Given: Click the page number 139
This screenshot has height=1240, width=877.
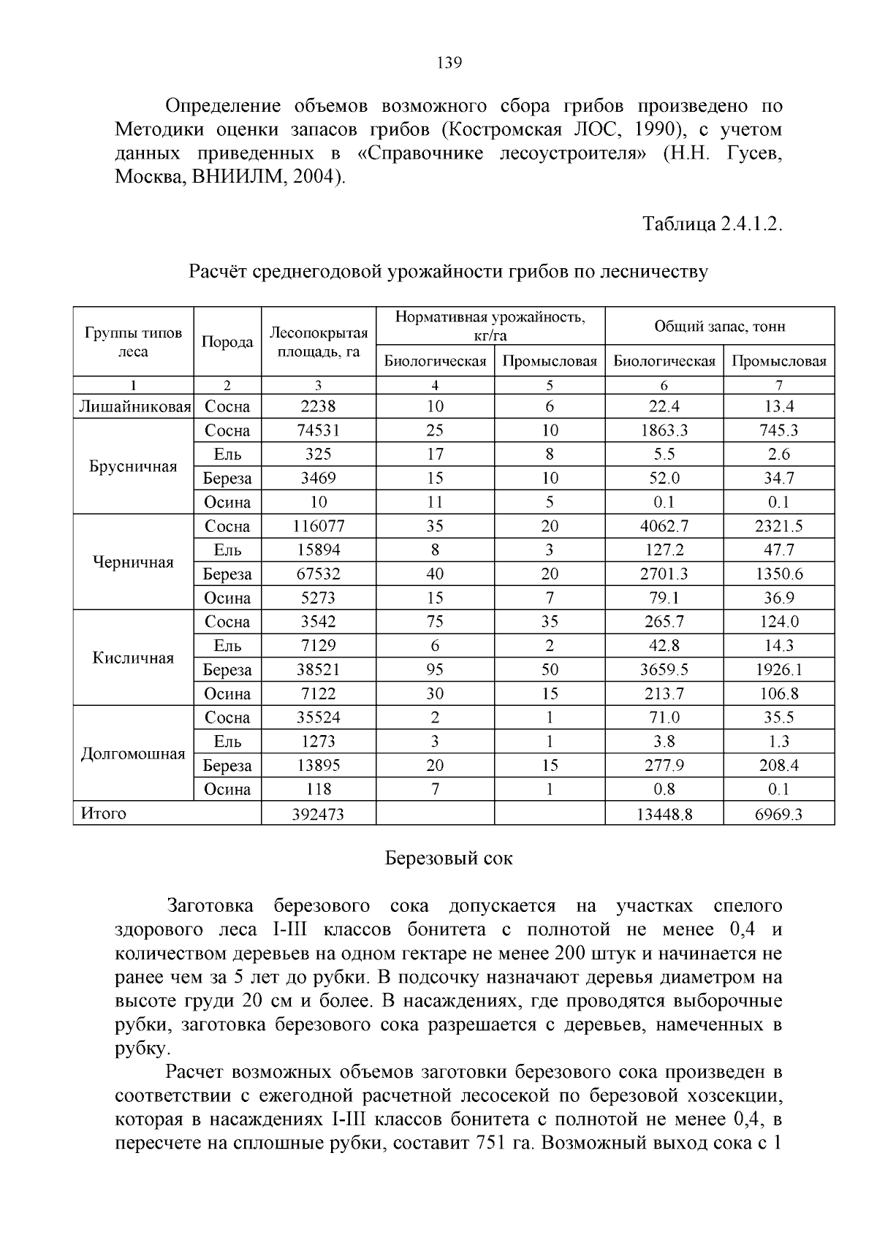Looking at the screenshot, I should click(x=449, y=63).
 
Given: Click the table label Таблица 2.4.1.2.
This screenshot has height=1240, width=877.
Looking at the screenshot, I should click(x=713, y=224).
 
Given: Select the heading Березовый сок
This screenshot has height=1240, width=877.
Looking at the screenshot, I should click(x=449, y=858).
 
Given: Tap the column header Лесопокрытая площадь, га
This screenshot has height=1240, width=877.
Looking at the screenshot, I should click(x=318, y=342).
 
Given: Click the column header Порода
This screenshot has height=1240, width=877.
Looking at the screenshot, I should click(x=227, y=342).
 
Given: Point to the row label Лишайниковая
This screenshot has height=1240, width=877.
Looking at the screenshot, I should click(x=134, y=407).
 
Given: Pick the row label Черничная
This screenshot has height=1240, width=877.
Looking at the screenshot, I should click(x=134, y=562).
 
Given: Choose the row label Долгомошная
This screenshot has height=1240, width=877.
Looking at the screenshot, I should click(x=134, y=753).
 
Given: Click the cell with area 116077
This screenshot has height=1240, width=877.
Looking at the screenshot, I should click(x=318, y=526).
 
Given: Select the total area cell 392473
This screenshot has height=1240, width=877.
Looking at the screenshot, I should click(x=318, y=814).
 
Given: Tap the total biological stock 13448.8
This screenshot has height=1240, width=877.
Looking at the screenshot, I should click(x=664, y=814).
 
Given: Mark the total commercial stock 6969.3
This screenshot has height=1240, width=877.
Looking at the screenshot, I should click(x=778, y=814).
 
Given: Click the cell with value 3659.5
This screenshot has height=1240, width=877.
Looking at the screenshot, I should click(x=664, y=670).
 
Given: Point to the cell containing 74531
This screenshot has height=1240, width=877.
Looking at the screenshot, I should click(x=318, y=431).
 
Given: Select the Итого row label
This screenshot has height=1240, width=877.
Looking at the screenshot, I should click(x=103, y=813).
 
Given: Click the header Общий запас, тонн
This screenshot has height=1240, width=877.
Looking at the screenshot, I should click(x=719, y=326).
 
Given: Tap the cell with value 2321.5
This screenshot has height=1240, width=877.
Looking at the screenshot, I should click(x=778, y=526).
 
